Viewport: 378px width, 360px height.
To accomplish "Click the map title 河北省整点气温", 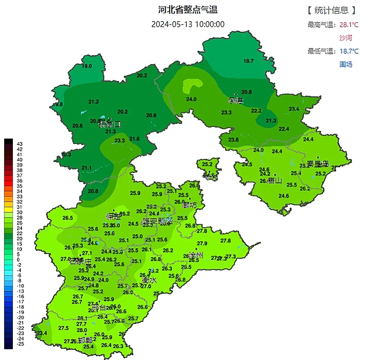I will [188, 9].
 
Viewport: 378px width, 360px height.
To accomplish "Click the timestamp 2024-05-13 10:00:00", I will [188, 24].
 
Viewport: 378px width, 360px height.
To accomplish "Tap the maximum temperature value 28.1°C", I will [349, 25].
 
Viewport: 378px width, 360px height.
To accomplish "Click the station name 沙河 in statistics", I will [345, 38].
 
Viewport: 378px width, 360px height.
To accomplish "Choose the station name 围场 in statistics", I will [345, 64].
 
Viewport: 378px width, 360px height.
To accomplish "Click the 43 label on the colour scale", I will [20, 144].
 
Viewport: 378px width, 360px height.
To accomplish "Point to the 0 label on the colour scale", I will [19, 260].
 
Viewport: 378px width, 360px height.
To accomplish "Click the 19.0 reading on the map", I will [87, 66].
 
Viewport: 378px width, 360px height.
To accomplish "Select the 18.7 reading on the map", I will [248, 61].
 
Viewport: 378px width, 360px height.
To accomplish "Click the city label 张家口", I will [110, 124].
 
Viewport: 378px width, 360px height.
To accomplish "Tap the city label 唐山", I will [275, 181].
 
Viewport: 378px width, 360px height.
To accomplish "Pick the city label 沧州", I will [195, 255].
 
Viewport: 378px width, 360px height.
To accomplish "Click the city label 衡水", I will [149, 280].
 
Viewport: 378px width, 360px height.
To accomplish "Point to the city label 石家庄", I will [81, 262].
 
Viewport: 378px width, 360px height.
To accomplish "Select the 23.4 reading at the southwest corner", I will [42, 333].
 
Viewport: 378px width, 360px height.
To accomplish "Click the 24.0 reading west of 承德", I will [191, 99].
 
